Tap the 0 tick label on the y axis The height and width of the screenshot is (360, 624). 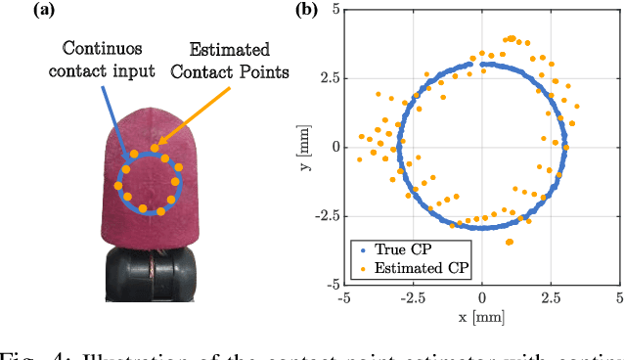click(334, 147)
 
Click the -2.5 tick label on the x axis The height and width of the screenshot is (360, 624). click(411, 296)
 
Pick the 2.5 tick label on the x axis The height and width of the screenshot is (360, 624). click(551, 296)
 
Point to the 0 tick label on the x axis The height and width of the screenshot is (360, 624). click(481, 296)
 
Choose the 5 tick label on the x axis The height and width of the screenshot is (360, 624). click(618, 296)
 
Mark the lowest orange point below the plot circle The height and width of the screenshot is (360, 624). click(509, 241)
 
